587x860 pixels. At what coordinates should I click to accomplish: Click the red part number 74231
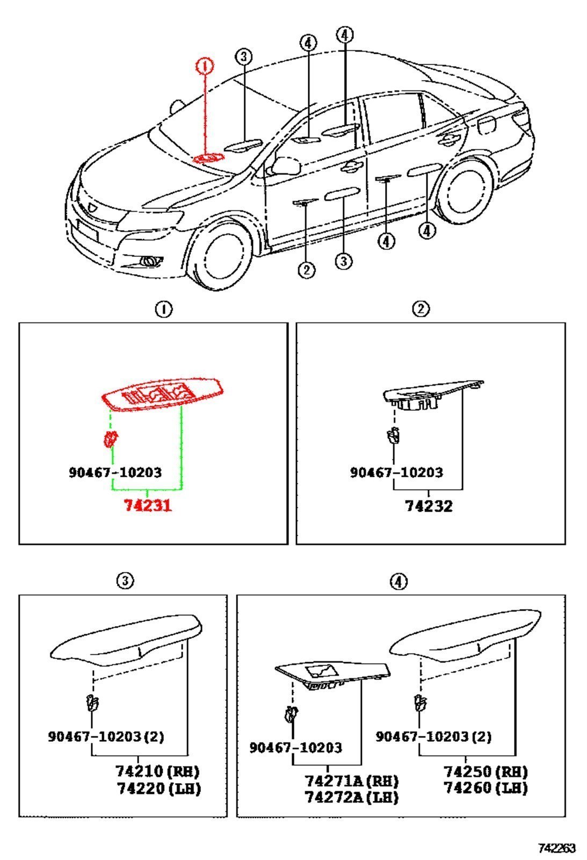click(x=148, y=505)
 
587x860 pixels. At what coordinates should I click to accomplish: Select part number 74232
click(x=429, y=506)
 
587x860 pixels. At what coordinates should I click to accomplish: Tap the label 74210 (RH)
click(x=157, y=771)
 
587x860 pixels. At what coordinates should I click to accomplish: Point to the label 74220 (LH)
click(x=158, y=788)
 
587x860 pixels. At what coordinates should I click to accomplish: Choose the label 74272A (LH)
click(x=351, y=798)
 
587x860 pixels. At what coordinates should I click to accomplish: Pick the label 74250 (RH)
click(x=485, y=771)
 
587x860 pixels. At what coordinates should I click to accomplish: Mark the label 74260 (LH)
click(x=485, y=788)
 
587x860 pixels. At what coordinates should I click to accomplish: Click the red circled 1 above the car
click(x=205, y=66)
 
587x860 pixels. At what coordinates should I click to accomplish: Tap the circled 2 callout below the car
click(x=307, y=270)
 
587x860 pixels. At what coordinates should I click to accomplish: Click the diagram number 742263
click(x=557, y=847)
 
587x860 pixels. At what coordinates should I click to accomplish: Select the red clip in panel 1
click(x=111, y=439)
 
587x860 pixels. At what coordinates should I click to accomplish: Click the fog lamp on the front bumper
click(x=151, y=261)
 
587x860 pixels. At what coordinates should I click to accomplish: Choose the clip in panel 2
click(x=393, y=435)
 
